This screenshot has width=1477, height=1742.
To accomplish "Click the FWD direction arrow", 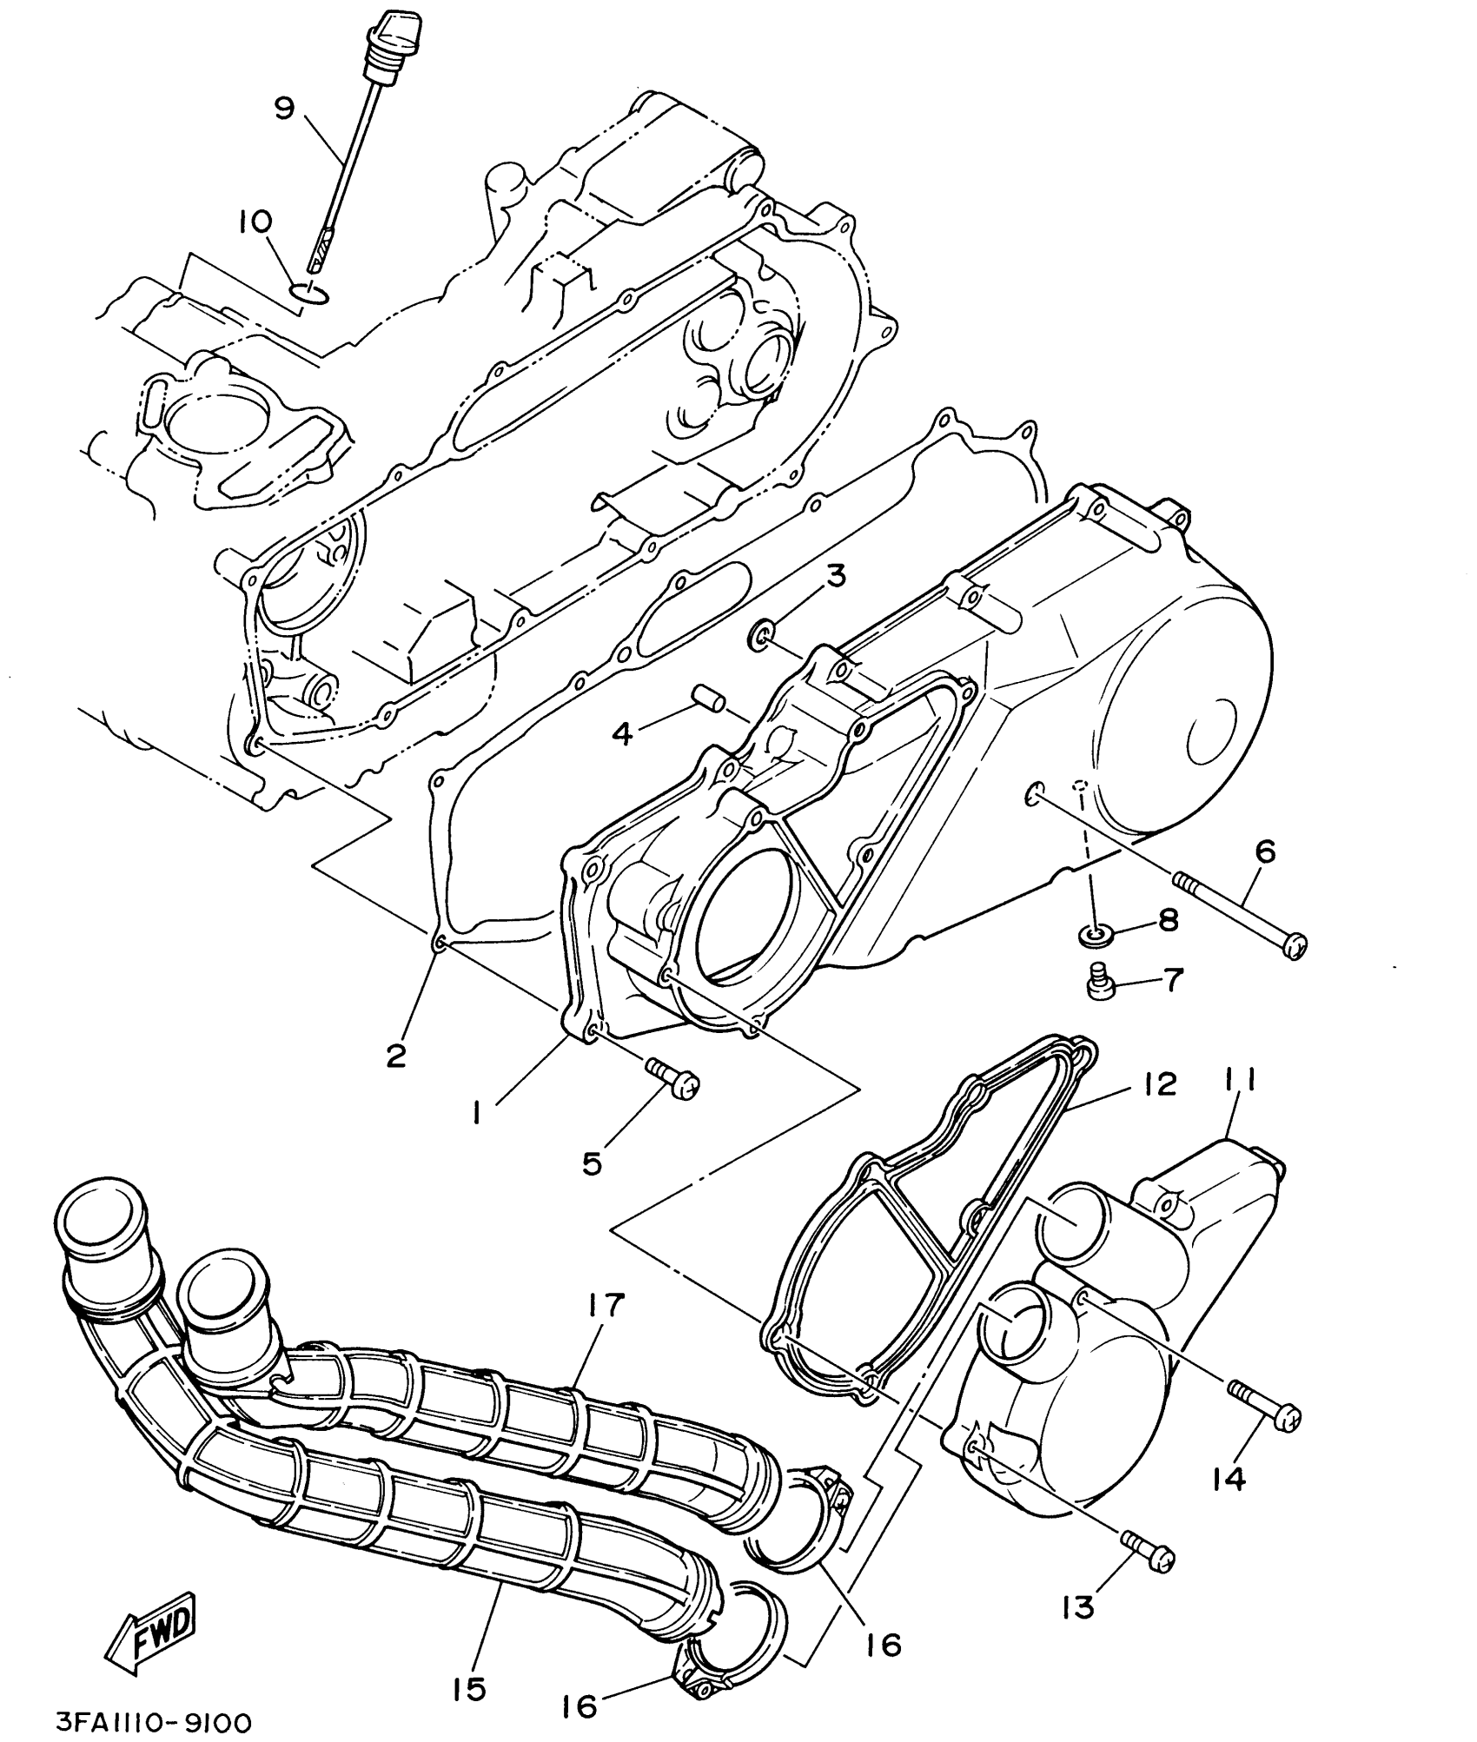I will tap(152, 1632).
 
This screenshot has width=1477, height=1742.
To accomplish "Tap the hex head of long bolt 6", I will tap(1295, 944).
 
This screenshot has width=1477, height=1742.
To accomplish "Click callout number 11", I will tap(1248, 1083).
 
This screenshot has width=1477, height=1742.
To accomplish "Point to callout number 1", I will tap(477, 1115).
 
